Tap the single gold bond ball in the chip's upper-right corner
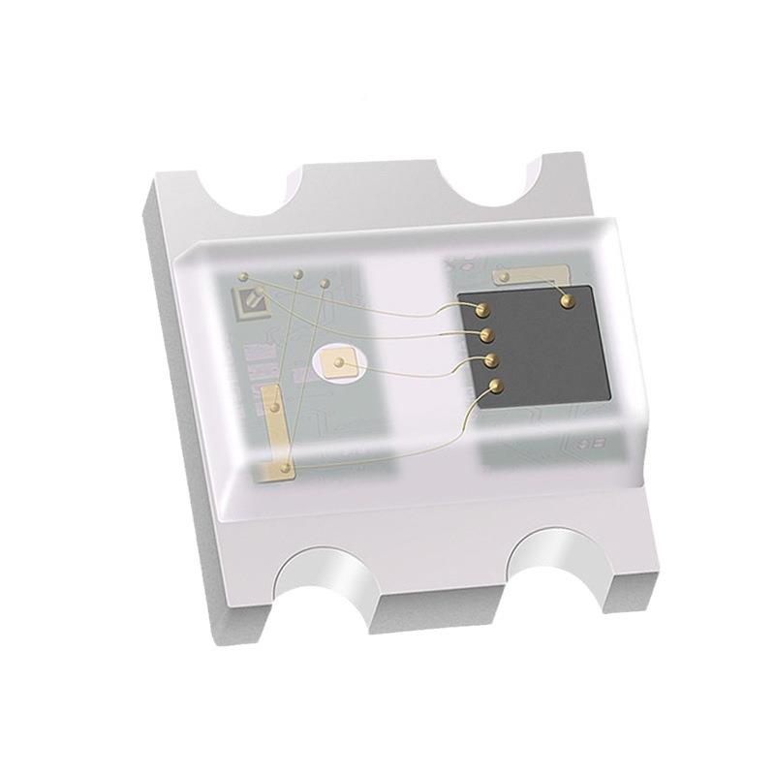point(567,301)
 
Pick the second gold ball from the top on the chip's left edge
point(487,335)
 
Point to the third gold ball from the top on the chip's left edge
point(491,361)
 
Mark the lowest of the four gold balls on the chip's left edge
point(496,387)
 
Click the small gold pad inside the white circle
point(338,364)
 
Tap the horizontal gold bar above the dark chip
point(529,276)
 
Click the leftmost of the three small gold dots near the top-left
point(260,291)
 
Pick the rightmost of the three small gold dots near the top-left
point(325,284)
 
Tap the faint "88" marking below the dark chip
point(588,443)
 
